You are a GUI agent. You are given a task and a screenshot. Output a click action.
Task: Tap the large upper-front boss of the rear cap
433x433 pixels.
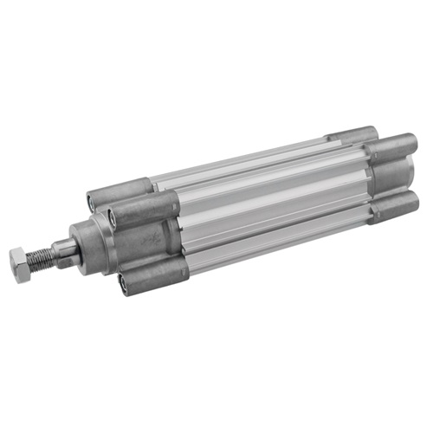pyautogui.click(x=394, y=151)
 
